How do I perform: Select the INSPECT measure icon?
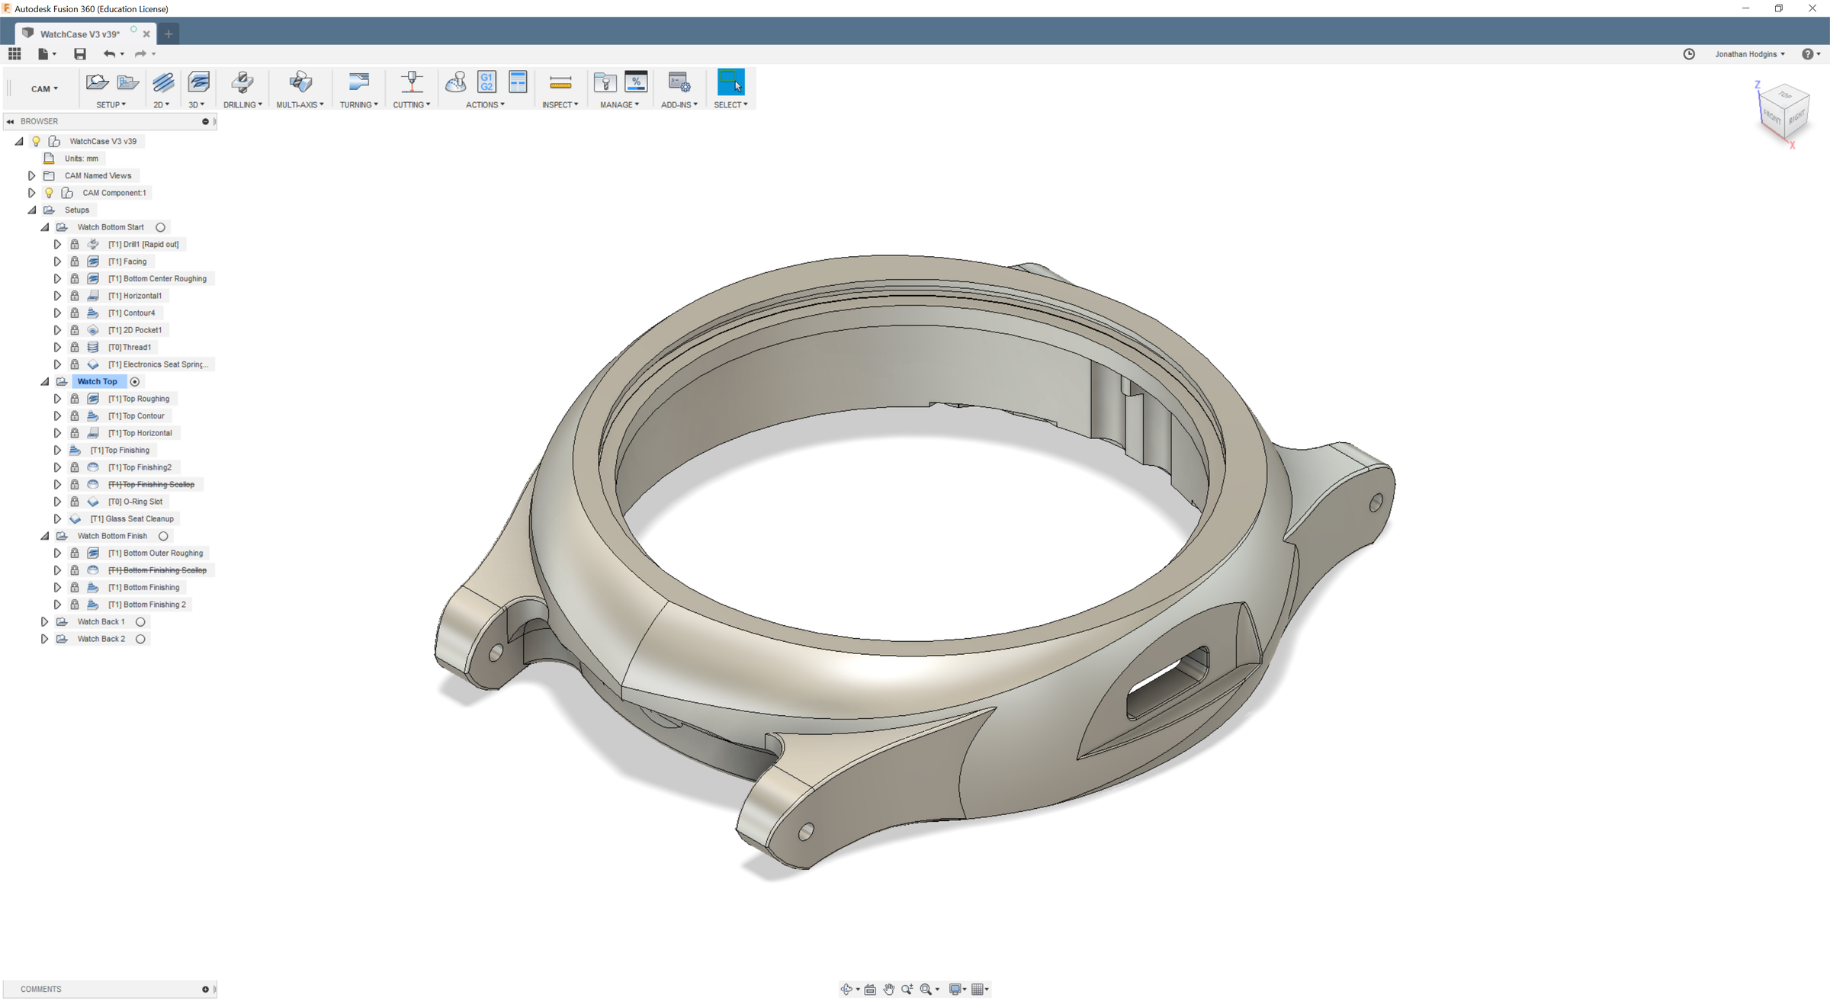pyautogui.click(x=560, y=82)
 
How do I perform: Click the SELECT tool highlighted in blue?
pyautogui.click(x=730, y=82)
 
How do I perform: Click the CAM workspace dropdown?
pyautogui.click(x=44, y=89)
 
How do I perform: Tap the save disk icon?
pyautogui.click(x=80, y=54)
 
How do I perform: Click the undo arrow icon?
pyautogui.click(x=109, y=54)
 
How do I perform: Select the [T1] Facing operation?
pyautogui.click(x=127, y=261)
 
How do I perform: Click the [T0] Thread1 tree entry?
pyautogui.click(x=130, y=348)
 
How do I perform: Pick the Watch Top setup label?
pyautogui.click(x=97, y=382)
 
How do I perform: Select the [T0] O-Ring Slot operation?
pyautogui.click(x=135, y=502)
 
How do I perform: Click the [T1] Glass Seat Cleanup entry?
pyautogui.click(x=132, y=519)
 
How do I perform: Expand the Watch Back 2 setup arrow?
pyautogui.click(x=44, y=639)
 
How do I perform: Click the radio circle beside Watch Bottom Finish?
pyautogui.click(x=163, y=536)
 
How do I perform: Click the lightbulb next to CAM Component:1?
pyautogui.click(x=49, y=193)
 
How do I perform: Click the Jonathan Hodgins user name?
pyautogui.click(x=1745, y=54)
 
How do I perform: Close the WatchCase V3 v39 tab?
pyautogui.click(x=146, y=34)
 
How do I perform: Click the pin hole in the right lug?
pyautogui.click(x=1376, y=502)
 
